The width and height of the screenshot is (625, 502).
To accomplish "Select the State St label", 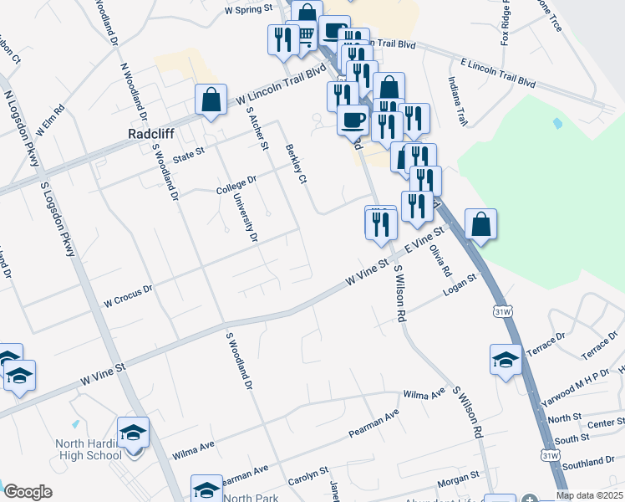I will click(x=188, y=154).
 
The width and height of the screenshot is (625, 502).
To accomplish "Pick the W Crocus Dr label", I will click(x=128, y=295).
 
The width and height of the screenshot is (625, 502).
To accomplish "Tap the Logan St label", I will click(x=460, y=283).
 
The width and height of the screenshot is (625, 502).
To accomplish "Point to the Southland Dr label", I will click(x=589, y=462).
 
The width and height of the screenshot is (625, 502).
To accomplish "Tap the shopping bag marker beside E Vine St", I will click(x=480, y=224).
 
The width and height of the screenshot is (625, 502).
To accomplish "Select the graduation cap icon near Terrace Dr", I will click(x=506, y=359).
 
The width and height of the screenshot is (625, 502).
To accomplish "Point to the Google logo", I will click(x=28, y=492).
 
